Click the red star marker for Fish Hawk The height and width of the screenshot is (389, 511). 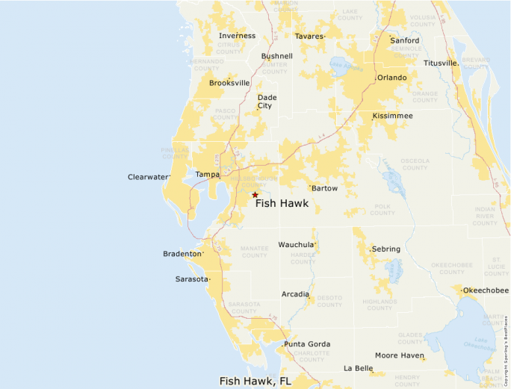pos(255,195)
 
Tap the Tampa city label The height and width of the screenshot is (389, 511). pos(207,175)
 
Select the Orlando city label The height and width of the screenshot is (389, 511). pos(391,78)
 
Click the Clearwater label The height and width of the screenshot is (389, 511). pos(148,177)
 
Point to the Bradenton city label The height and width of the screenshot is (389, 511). pos(182,254)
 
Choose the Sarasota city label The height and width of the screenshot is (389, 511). pos(191,278)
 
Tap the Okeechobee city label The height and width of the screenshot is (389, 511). pos(486,290)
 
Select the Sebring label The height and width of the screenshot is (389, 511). pos(385,249)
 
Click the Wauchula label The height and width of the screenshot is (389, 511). pos(296,245)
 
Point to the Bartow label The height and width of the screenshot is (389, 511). pos(324,188)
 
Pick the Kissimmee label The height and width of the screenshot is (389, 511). pos(392,116)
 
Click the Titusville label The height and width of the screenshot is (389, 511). pos(440,63)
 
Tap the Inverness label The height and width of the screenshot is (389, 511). pos(237,36)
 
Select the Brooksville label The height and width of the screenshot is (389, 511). pos(229,83)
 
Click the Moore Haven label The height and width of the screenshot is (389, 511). pos(399,355)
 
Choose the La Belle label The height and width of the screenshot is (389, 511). pos(358,368)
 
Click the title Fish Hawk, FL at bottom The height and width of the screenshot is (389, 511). pos(255,381)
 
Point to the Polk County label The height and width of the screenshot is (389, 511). pos(382,209)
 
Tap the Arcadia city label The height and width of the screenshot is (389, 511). pos(295,294)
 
